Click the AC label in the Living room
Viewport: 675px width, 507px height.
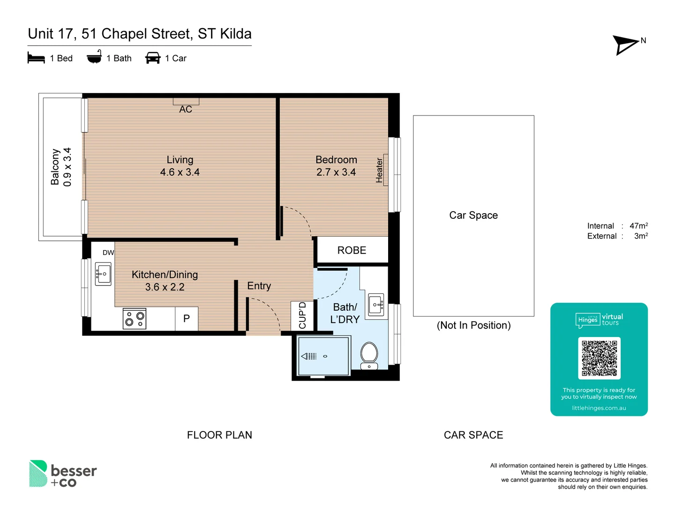[x=186, y=109]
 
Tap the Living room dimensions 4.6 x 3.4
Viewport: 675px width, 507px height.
[x=180, y=172]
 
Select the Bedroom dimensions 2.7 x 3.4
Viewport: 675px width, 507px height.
[x=336, y=172]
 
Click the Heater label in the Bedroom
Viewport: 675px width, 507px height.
[x=380, y=170]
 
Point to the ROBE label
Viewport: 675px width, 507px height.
[x=352, y=250]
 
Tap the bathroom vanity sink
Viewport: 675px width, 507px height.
[x=376, y=305]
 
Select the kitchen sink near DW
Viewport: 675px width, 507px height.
[x=103, y=274]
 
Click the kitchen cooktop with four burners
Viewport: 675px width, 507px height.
[x=135, y=319]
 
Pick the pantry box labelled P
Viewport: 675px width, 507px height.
[x=187, y=319]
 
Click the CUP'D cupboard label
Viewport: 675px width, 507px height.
[x=302, y=315]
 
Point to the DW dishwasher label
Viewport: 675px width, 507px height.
[x=108, y=253]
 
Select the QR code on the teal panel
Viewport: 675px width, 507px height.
[x=599, y=358]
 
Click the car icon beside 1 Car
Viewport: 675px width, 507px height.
[x=153, y=58]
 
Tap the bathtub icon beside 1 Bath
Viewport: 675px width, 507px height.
[x=94, y=57]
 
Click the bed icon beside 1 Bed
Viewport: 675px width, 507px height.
[x=36, y=58]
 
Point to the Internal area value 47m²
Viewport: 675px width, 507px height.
[x=638, y=226]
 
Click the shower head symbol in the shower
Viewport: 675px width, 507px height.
[x=309, y=356]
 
